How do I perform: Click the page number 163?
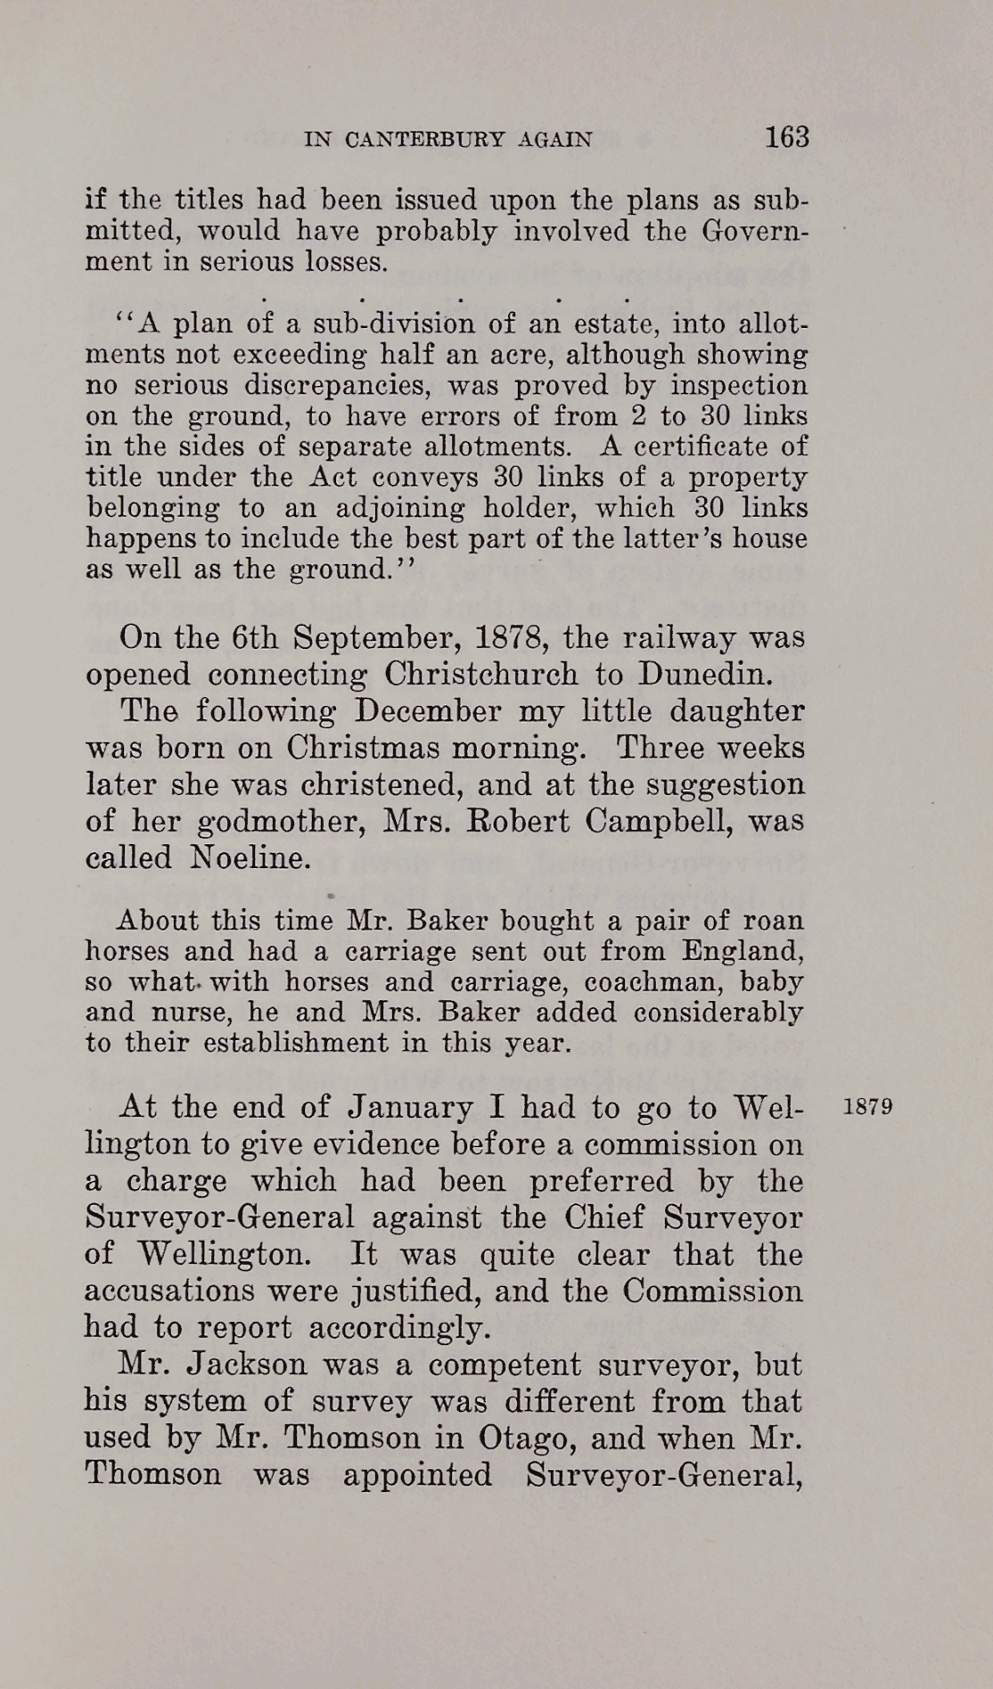point(785,137)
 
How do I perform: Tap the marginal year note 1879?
point(867,1107)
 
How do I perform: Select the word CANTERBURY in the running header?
point(424,140)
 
